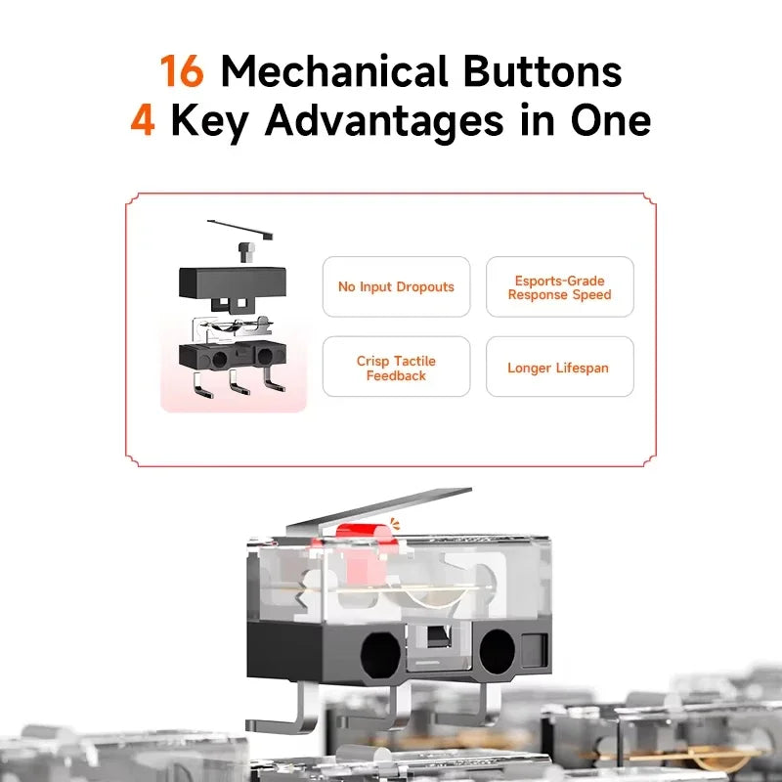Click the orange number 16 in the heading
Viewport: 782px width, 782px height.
(182, 70)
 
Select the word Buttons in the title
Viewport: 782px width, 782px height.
(543, 70)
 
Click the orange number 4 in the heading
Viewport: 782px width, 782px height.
(143, 120)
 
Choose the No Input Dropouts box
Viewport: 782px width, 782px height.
(396, 286)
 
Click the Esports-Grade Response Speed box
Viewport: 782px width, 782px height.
(559, 286)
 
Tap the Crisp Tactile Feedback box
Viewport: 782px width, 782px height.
(396, 367)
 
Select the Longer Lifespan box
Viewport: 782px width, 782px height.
(559, 367)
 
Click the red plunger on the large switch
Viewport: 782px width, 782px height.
(368, 535)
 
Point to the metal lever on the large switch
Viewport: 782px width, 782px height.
(379, 510)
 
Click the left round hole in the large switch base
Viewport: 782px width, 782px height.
(380, 654)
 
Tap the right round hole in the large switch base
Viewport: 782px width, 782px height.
(498, 650)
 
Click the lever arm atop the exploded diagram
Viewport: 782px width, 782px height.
(240, 230)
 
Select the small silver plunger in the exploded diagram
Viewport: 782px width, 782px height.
(246, 252)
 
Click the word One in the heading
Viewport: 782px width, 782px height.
(610, 120)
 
